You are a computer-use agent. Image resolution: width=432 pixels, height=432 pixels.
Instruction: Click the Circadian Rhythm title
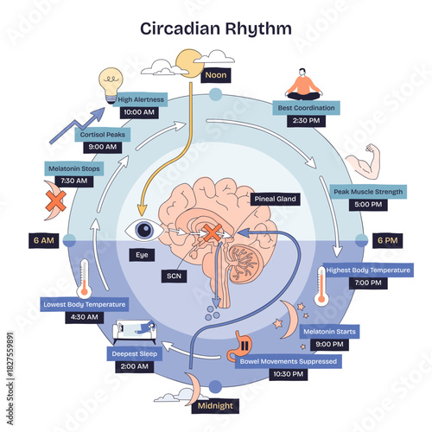[x=216, y=28]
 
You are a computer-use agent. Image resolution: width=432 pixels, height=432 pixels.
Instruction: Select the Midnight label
[x=215, y=405]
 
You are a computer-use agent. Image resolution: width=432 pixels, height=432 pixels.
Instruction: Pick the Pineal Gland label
[x=276, y=199]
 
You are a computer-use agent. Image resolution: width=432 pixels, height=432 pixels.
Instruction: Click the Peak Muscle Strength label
[x=367, y=191]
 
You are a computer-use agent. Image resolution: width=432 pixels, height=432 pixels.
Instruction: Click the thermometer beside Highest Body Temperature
[x=322, y=285]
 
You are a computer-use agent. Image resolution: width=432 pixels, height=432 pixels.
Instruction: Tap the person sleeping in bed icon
[x=136, y=333]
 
